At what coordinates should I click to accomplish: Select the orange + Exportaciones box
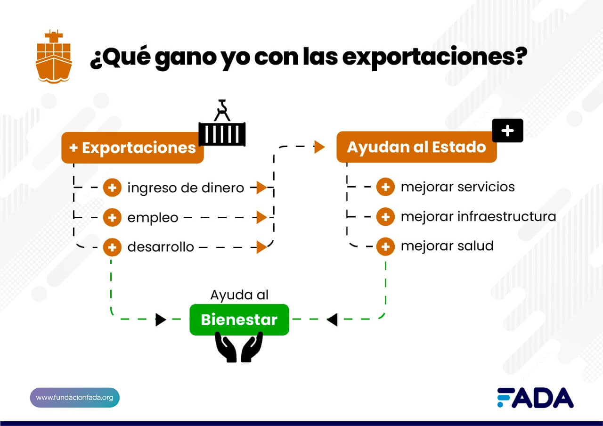(x=132, y=147)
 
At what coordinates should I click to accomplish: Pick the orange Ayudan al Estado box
(x=416, y=147)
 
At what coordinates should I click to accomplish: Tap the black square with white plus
(x=507, y=131)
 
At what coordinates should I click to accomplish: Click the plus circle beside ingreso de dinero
(x=112, y=188)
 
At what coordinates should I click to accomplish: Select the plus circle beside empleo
(x=112, y=217)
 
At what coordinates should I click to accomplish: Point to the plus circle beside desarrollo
(x=112, y=247)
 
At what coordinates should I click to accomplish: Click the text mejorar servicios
(x=457, y=187)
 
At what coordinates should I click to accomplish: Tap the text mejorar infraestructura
(x=478, y=216)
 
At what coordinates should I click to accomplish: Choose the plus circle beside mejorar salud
(x=385, y=246)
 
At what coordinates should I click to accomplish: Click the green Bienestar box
(x=239, y=319)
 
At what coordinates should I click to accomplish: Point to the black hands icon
(x=239, y=347)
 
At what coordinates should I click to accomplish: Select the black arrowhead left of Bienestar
(x=161, y=319)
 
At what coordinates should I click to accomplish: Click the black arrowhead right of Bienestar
(x=332, y=319)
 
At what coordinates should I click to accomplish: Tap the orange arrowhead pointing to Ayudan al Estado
(x=319, y=147)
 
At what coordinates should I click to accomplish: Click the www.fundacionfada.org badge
(x=74, y=397)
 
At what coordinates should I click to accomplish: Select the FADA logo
(x=536, y=397)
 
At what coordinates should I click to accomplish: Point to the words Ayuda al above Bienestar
(x=239, y=295)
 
